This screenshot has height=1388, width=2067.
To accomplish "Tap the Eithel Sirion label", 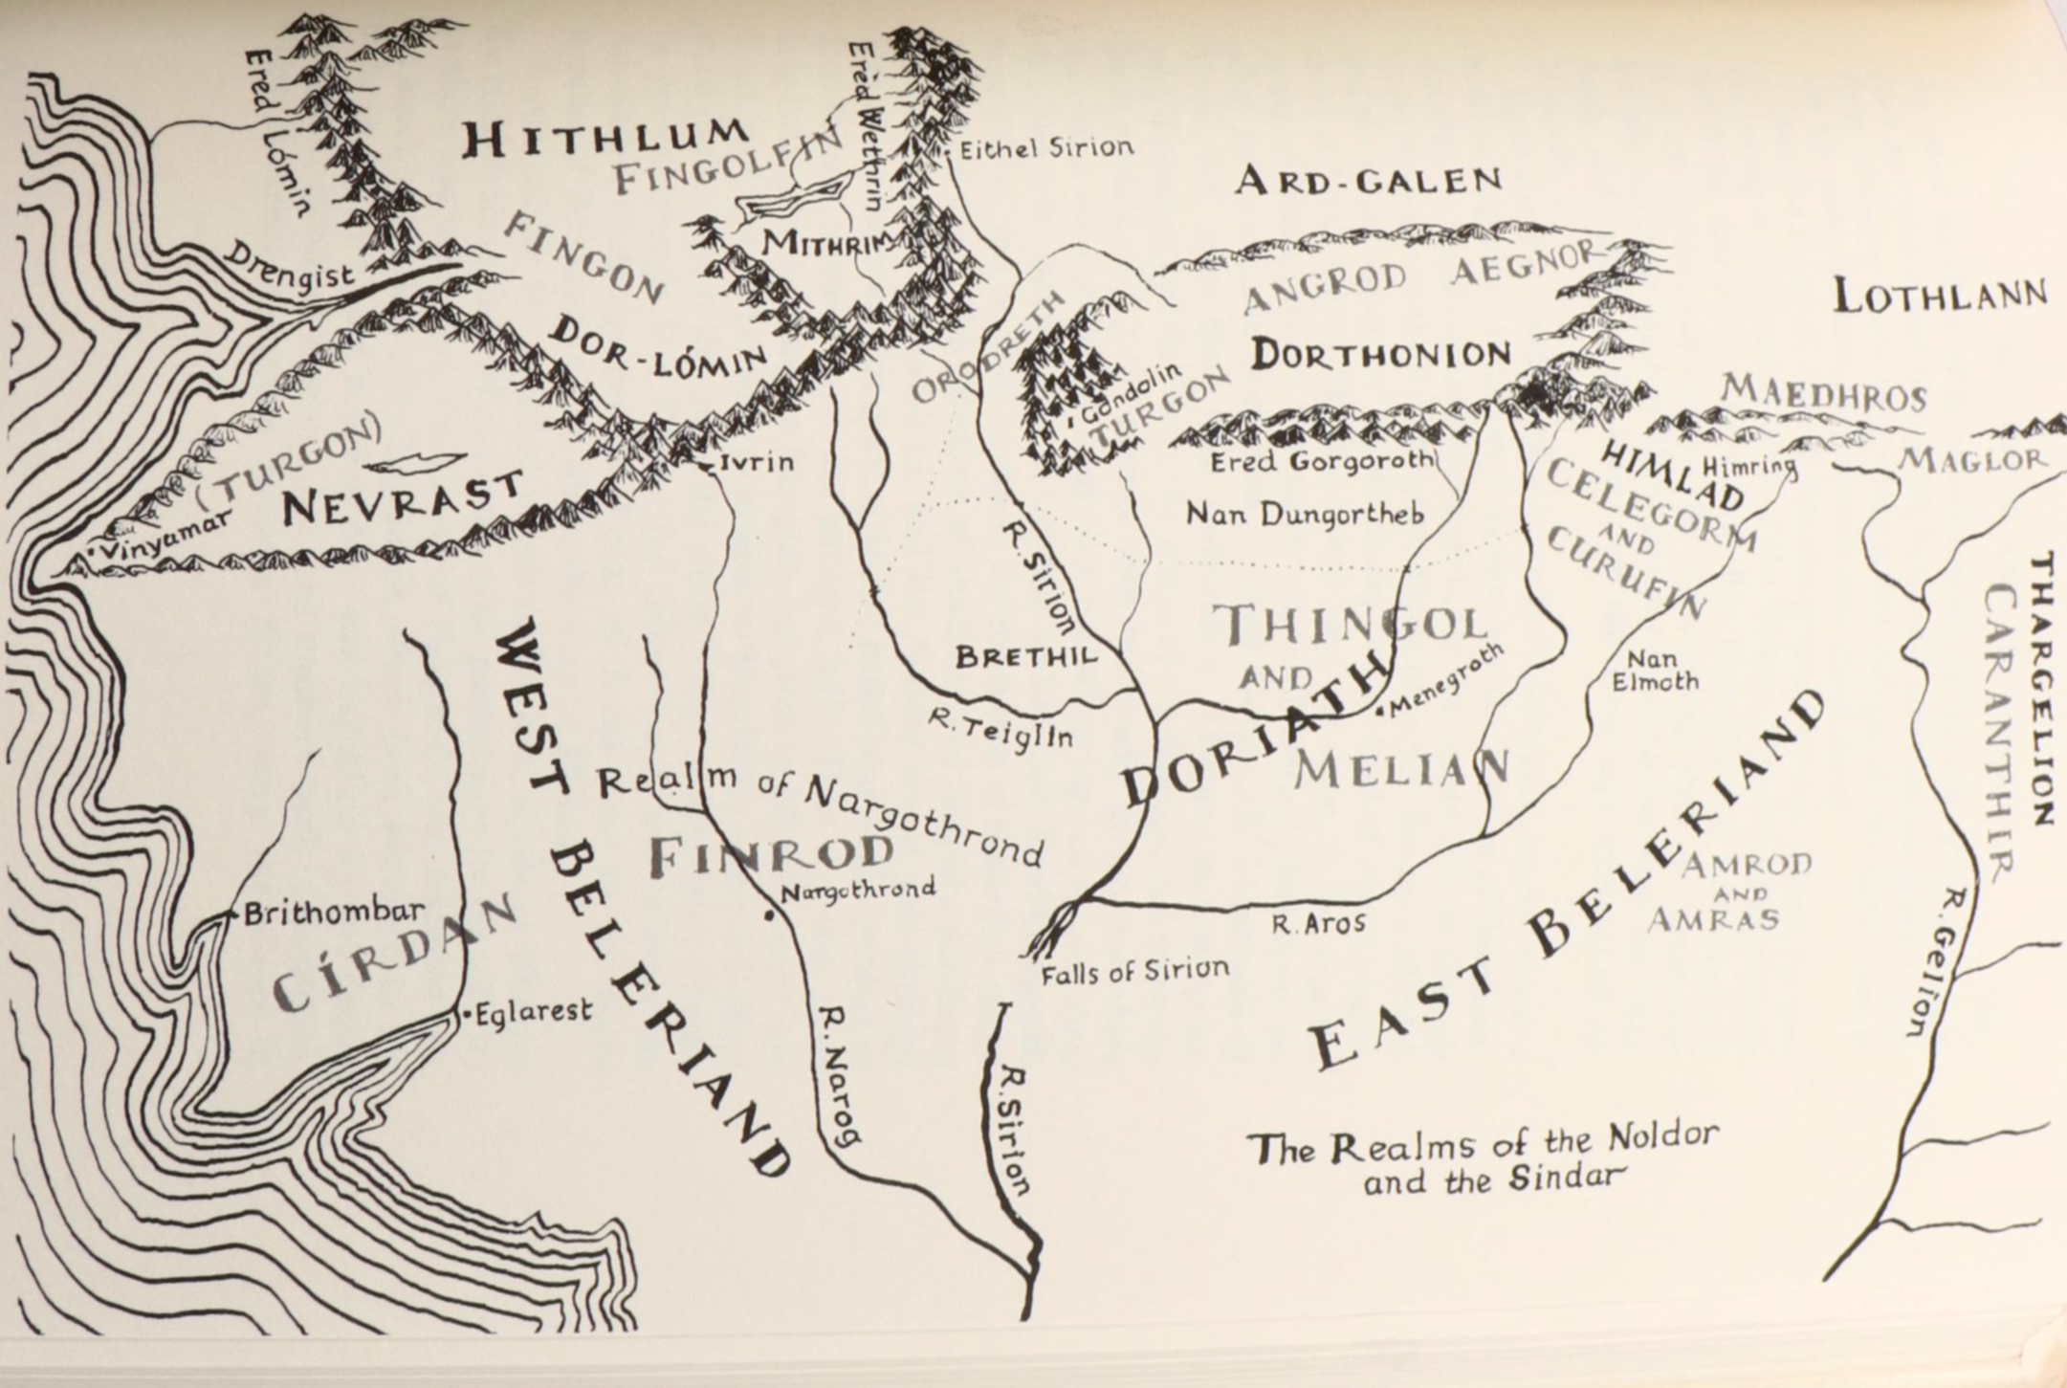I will tap(1045, 147).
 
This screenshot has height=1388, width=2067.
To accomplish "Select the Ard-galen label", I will tap(1368, 180).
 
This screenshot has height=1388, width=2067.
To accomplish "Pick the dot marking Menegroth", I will tap(1379, 712).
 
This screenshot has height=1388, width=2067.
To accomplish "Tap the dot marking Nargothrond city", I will tap(768, 915).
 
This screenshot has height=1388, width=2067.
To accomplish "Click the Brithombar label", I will tap(334, 913).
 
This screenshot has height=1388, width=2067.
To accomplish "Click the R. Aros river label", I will tap(1317, 924).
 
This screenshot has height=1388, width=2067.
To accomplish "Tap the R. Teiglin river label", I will tap(1001, 730).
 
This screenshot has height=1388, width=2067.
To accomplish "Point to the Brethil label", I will tap(1025, 657).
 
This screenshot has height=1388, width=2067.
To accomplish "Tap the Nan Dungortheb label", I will tap(1304, 514).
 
